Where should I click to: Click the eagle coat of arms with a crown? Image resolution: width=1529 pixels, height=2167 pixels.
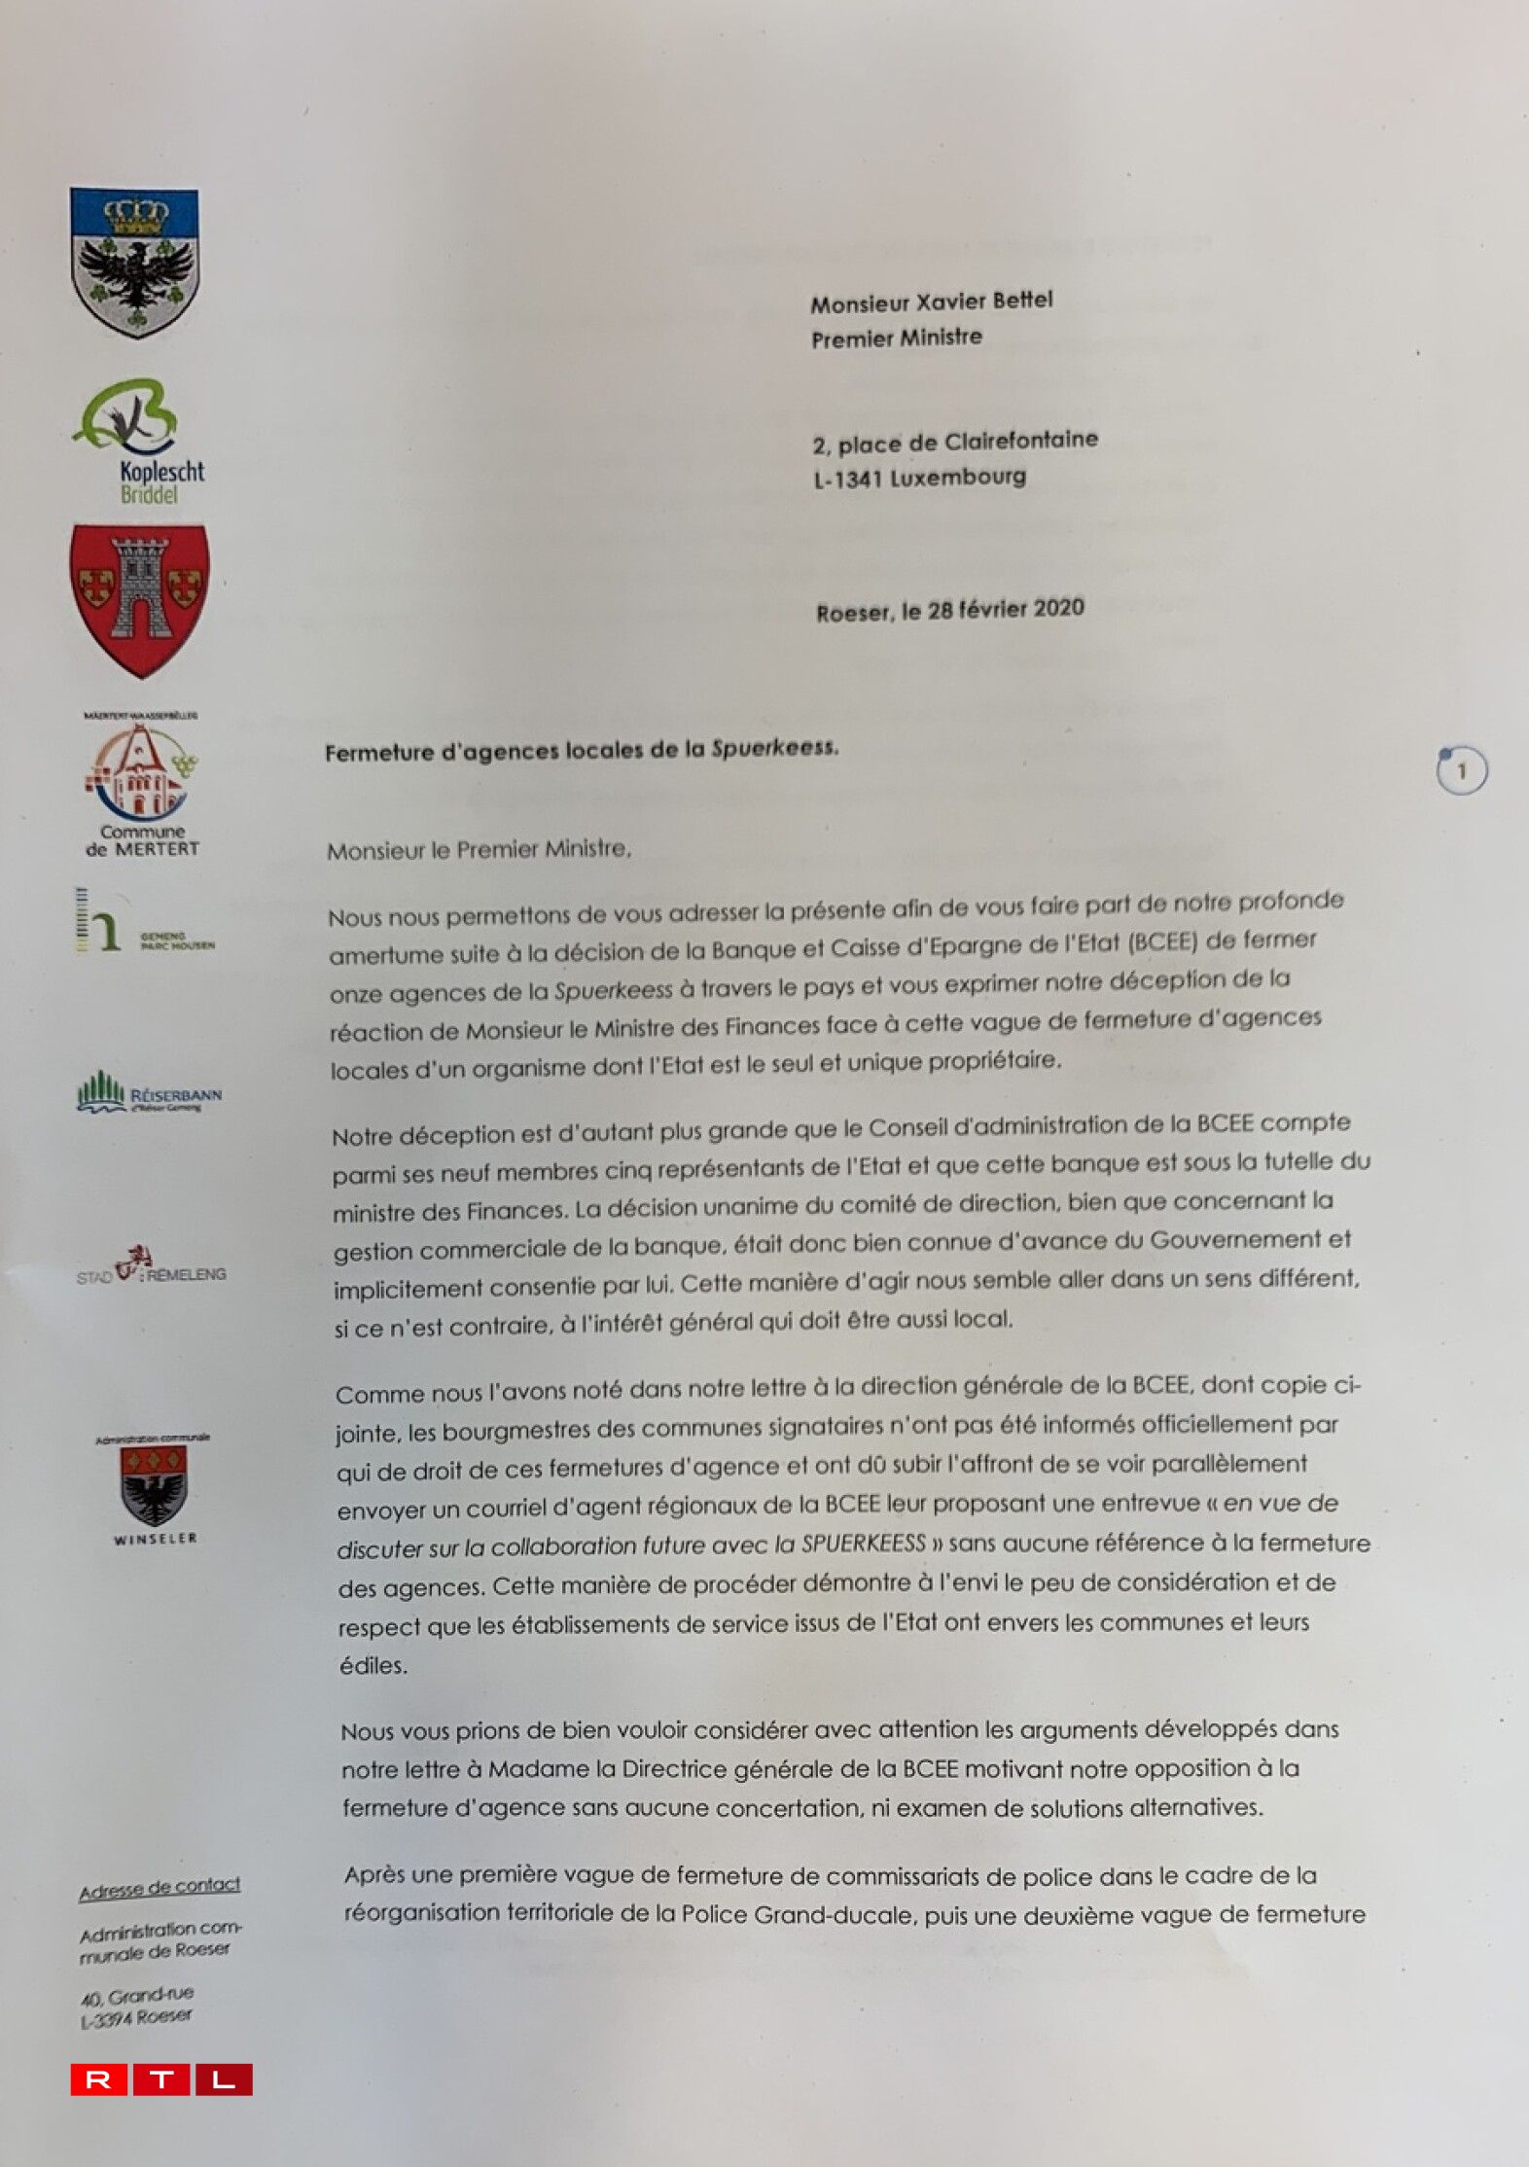135,263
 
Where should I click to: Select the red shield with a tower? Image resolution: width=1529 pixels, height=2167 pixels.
139,597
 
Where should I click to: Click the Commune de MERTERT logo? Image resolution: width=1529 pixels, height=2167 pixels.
142,788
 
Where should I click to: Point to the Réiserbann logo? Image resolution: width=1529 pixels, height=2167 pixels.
149,1093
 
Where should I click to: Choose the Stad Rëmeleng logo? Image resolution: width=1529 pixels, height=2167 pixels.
151,1265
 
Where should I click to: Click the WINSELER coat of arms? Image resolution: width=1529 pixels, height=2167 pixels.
154,1488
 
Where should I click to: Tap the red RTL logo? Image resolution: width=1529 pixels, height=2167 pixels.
161,2078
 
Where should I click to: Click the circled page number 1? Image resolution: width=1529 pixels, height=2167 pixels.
1461,770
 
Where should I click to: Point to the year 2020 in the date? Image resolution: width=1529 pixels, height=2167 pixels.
1058,608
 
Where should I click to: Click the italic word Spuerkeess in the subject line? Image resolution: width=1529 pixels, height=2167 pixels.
773,748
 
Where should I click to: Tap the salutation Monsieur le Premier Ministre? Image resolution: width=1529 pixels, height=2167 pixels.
479,850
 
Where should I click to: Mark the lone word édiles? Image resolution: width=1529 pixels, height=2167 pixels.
373,1665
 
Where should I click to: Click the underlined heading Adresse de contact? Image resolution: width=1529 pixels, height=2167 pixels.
160,1888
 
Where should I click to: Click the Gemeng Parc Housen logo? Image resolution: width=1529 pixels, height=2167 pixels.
146,919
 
